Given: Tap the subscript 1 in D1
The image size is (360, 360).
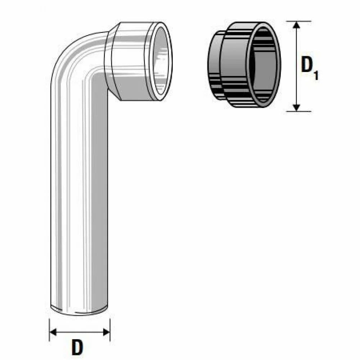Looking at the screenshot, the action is point(316,75).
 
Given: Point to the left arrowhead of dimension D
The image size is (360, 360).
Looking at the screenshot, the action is point(53,332).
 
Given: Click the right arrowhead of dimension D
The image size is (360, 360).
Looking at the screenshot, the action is point(107,332).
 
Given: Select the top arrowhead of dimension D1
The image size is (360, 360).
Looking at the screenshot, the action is point(297,25).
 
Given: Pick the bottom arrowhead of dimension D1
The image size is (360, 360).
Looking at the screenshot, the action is point(297,107).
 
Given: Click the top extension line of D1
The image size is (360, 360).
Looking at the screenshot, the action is point(298,21).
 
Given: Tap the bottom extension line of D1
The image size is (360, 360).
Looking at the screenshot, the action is point(298,111).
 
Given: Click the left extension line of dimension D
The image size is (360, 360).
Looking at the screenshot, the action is point(50,330).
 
